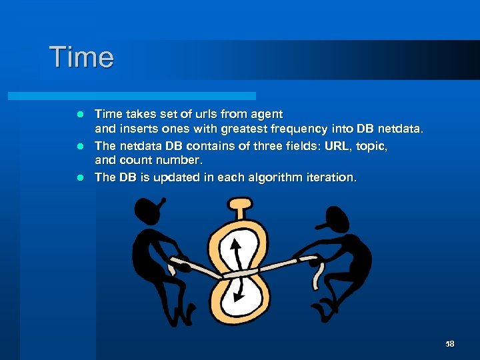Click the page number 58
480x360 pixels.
click(449, 344)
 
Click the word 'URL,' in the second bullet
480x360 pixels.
click(346, 145)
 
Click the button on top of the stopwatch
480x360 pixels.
click(238, 203)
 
